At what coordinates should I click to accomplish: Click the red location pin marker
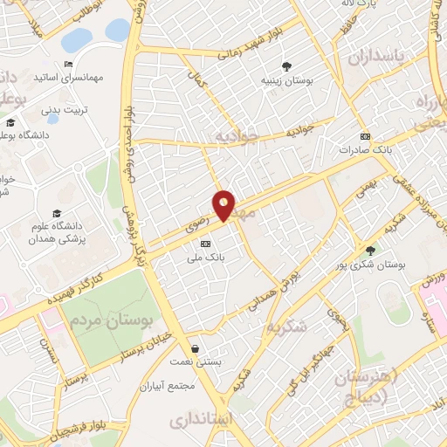224,205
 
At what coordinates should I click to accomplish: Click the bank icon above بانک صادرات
365,136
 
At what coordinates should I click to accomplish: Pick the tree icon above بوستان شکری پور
370,250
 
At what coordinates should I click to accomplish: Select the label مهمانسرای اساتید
96,78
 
